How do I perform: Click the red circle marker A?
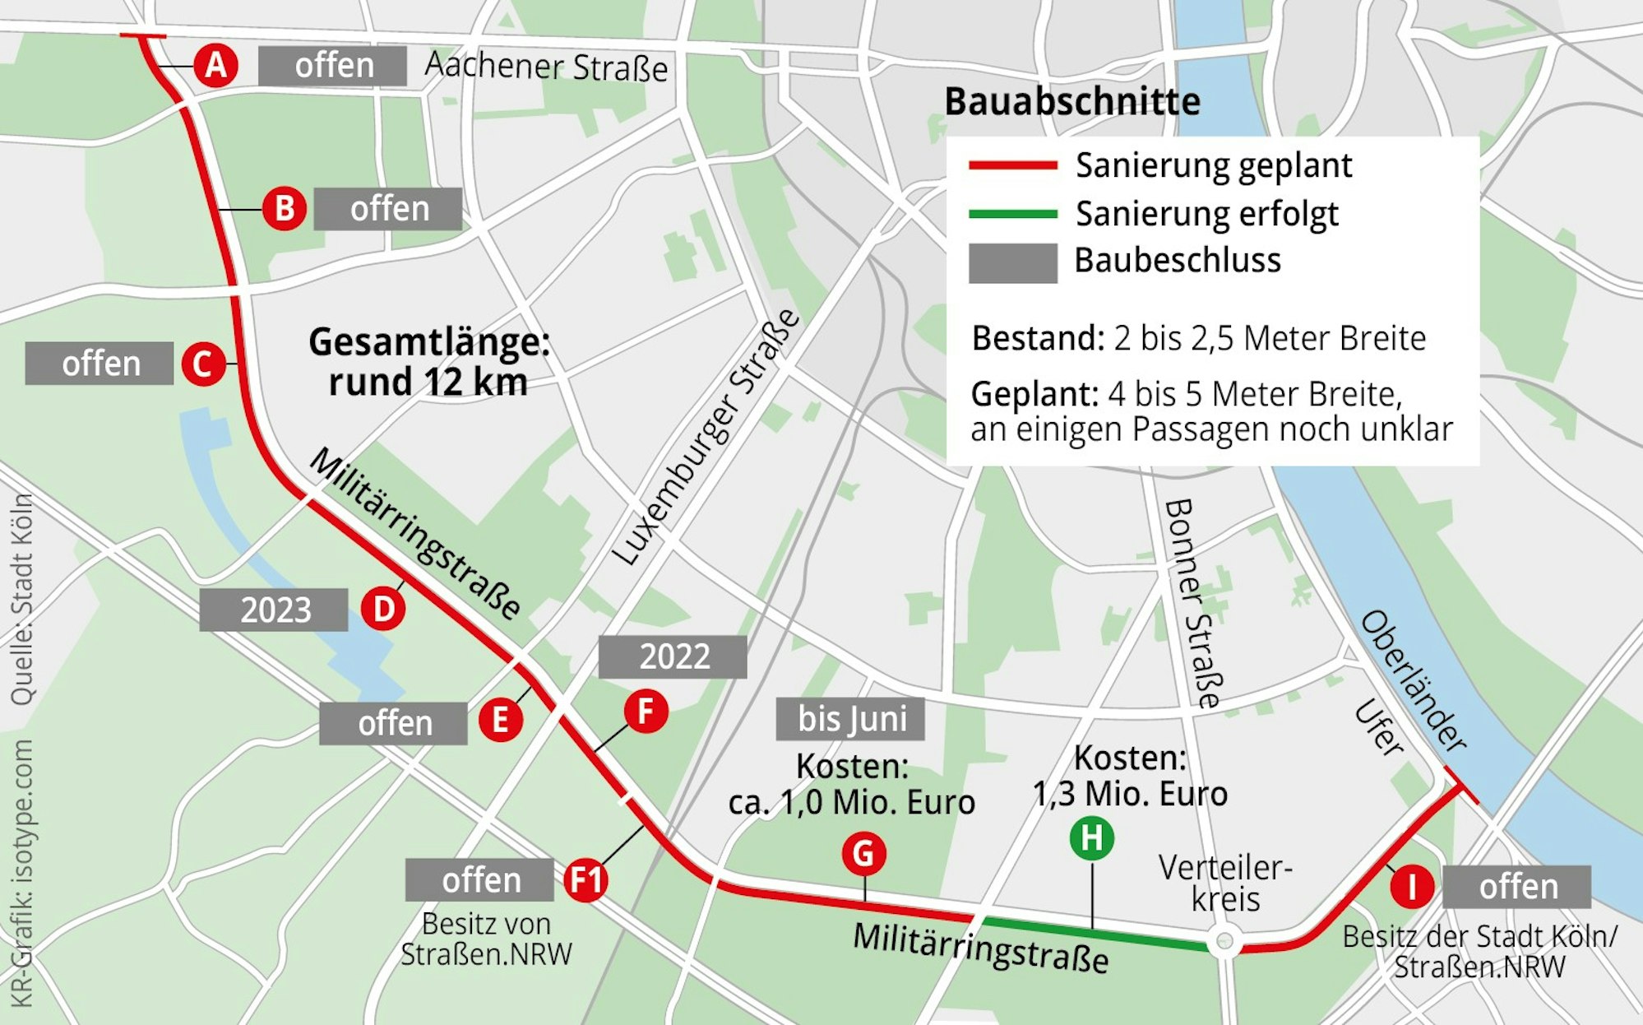point(215,65)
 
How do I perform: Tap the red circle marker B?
point(285,209)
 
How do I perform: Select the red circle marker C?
point(203,364)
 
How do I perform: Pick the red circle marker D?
point(383,610)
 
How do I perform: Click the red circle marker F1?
point(586,880)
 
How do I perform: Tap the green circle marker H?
point(1092,839)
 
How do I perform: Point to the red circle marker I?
point(1412,888)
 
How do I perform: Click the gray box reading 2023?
point(274,610)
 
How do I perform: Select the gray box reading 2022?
point(673,656)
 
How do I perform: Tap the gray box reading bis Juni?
point(850,719)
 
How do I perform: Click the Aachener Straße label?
point(546,67)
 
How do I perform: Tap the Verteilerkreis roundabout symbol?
point(1224,940)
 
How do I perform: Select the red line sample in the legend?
point(1012,165)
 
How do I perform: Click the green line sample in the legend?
point(1012,214)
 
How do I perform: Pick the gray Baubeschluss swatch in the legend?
point(1012,263)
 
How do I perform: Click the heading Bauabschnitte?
point(1071,102)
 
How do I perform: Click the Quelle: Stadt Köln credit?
point(22,600)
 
